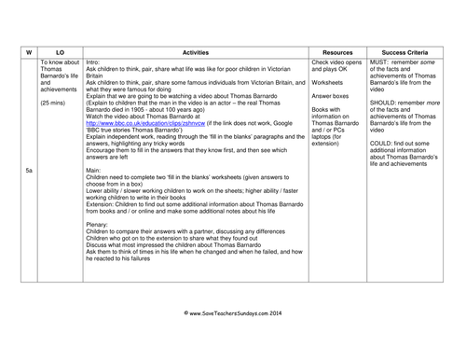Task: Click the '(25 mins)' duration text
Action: [x=53, y=101]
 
